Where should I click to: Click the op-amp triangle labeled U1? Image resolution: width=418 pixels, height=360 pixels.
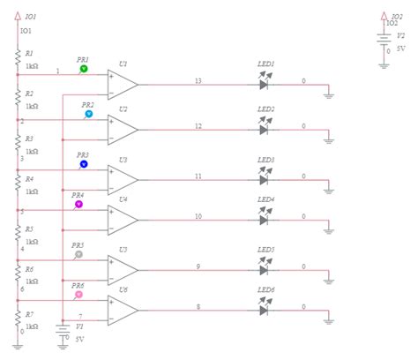(122, 85)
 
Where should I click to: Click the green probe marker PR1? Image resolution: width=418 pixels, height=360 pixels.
(84, 68)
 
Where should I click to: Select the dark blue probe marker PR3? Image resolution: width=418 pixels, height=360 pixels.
(84, 163)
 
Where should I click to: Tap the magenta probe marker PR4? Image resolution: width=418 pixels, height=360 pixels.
(78, 203)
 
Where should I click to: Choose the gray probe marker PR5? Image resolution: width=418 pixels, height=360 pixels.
(79, 254)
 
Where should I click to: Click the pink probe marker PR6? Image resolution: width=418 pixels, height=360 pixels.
(79, 294)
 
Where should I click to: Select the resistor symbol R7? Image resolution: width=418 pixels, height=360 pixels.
(18, 319)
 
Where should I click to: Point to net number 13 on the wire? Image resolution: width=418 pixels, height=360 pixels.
(198, 81)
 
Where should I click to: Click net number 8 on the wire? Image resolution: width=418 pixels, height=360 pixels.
(198, 306)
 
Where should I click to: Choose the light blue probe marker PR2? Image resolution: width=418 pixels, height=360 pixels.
(88, 114)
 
